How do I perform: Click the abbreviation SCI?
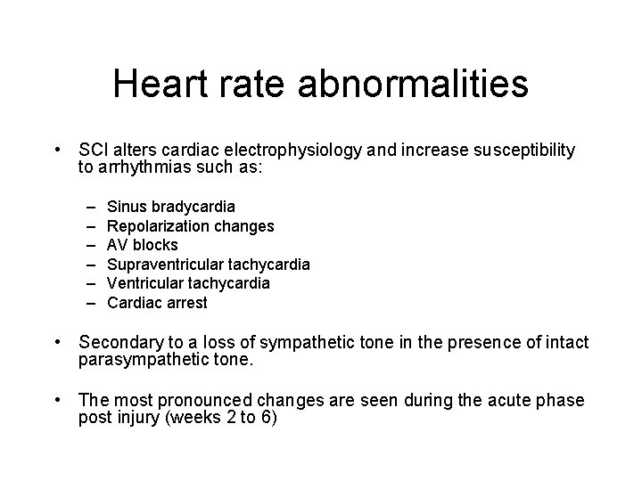click(x=95, y=151)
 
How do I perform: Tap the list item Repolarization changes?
click(x=190, y=226)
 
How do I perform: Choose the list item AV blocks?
click(x=142, y=245)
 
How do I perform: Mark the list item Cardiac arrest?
click(x=157, y=302)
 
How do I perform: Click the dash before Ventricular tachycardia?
click(x=94, y=283)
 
